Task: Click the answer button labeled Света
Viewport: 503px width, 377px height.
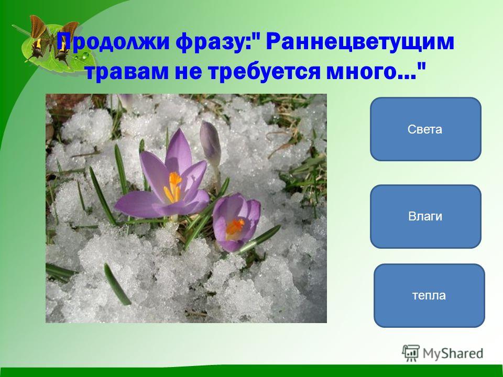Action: click(425, 129)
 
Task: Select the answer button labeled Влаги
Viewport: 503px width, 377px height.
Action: click(425, 216)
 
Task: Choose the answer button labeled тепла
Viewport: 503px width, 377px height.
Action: click(429, 295)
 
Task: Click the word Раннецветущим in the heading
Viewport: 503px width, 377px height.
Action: click(360, 42)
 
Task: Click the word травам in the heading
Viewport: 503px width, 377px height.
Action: click(127, 71)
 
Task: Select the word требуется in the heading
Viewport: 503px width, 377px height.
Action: click(264, 71)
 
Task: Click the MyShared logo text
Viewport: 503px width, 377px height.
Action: click(453, 353)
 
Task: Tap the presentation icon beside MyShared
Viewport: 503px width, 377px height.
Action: click(410, 353)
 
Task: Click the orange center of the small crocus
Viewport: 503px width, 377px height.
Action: click(235, 227)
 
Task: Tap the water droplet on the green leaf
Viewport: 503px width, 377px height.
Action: click(85, 56)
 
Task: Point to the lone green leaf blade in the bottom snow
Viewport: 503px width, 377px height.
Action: click(117, 284)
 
